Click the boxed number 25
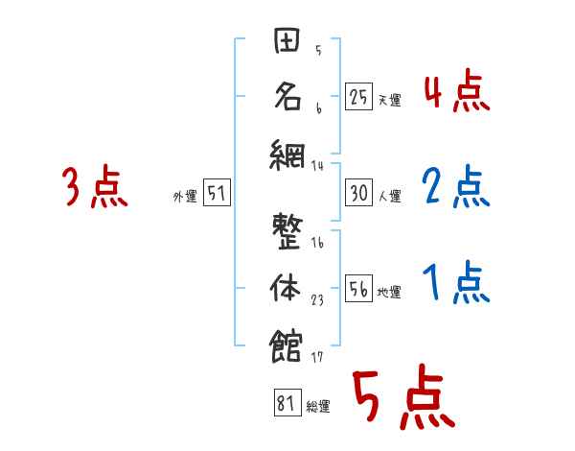358,96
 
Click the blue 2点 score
455,187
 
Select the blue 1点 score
455,283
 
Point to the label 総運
317,407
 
